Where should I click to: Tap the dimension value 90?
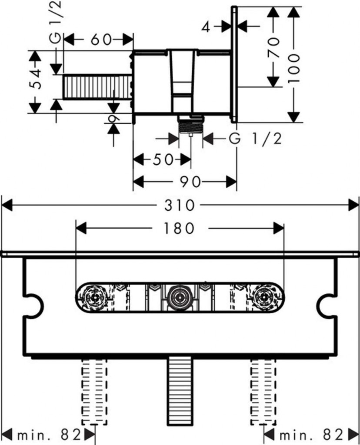click(x=190, y=183)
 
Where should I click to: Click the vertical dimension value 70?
click(x=273, y=48)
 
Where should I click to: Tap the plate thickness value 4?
click(x=206, y=27)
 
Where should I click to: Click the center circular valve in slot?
click(x=180, y=298)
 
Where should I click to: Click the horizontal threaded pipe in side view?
click(x=97, y=86)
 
